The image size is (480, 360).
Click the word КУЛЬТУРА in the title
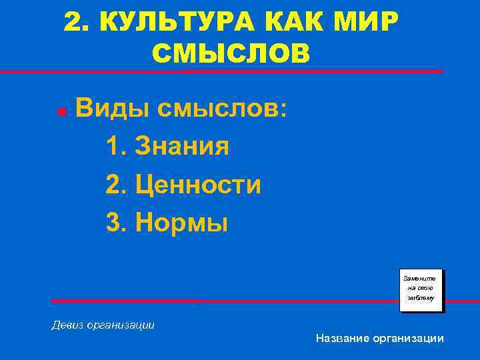pos(177,23)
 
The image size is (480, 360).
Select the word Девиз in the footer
pos(67,325)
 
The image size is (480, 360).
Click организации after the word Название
pos(409,339)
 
